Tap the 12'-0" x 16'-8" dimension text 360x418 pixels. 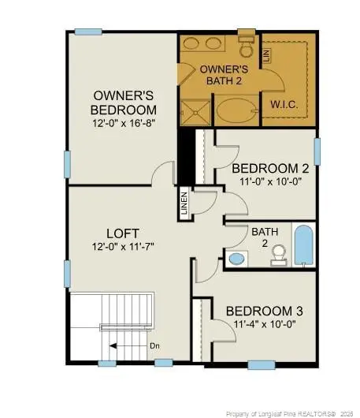coord(123,123)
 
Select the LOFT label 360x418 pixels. coord(123,233)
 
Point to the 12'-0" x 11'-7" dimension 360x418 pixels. coord(123,246)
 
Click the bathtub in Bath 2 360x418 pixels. coord(303,244)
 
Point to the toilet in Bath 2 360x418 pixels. coord(277,253)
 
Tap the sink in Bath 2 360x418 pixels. coord(236,259)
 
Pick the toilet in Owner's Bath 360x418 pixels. coord(244,47)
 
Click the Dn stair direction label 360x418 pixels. coord(156,345)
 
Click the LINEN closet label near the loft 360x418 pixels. coord(184,203)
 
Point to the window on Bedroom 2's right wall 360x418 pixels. coord(317,151)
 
